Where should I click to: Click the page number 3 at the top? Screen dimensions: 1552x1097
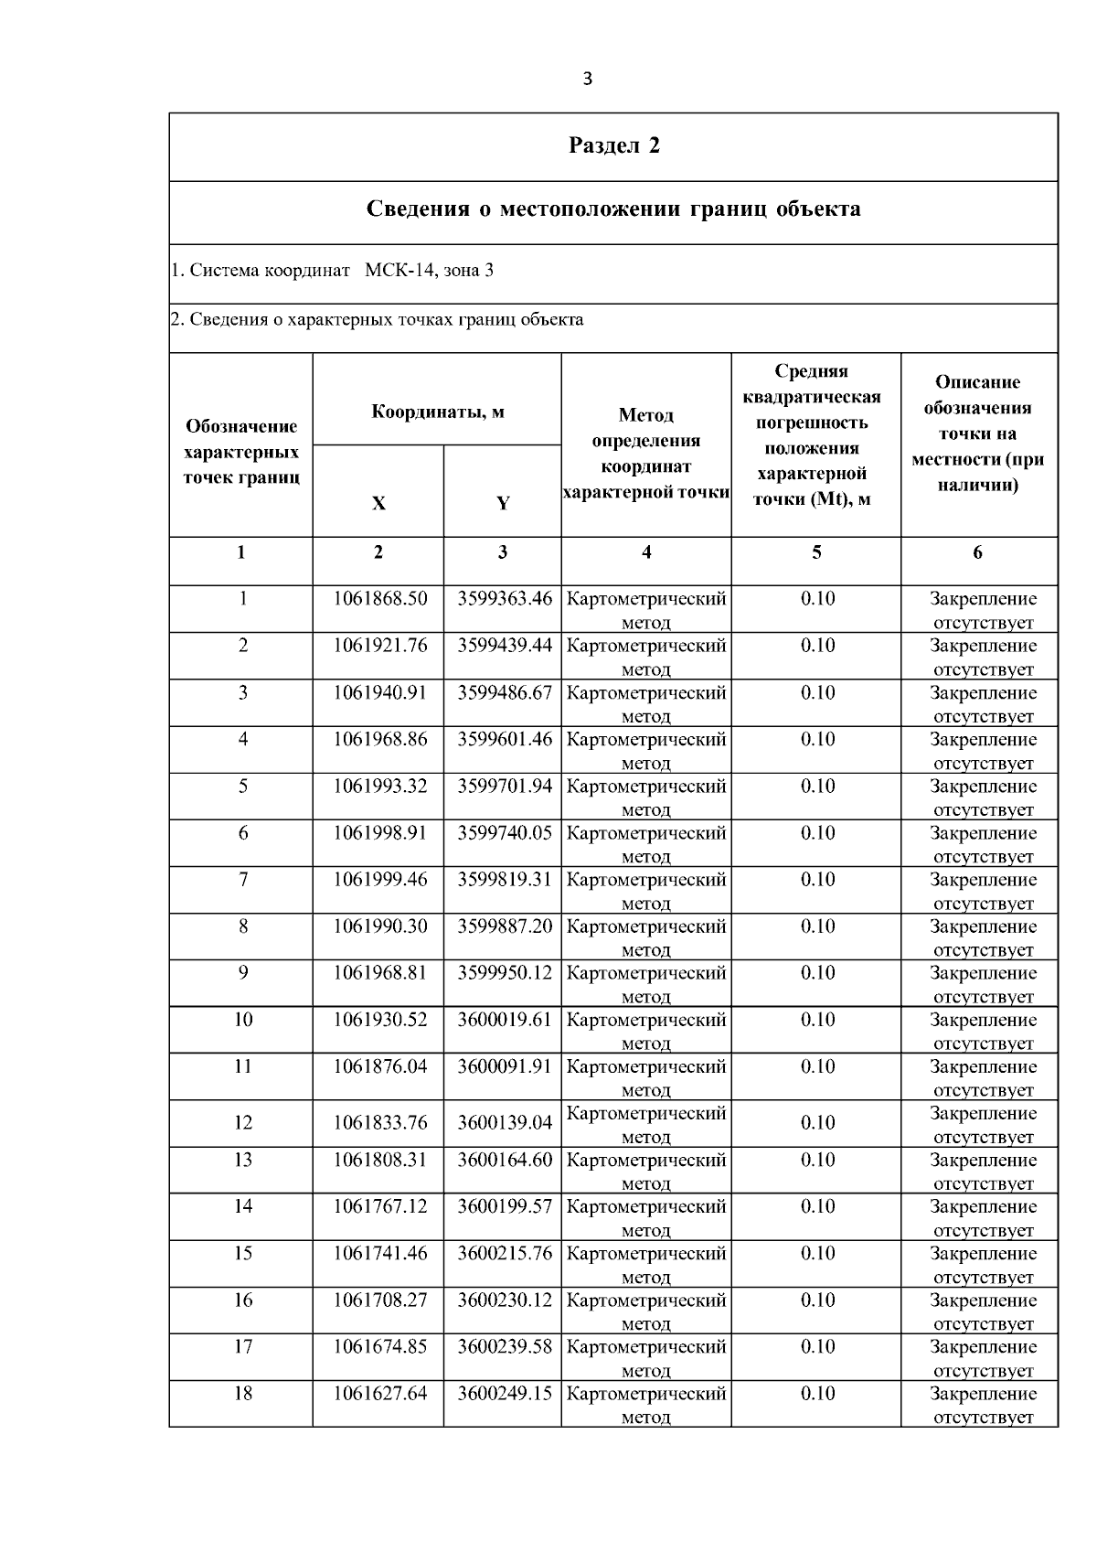(587, 80)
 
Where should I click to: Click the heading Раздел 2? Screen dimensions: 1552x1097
(613, 146)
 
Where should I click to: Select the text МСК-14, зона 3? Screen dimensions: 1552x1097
(429, 271)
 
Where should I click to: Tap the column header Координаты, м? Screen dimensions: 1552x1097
(437, 412)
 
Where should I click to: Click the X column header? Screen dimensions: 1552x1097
(378, 504)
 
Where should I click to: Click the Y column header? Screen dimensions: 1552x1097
(502, 504)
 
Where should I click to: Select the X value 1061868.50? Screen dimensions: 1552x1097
(379, 599)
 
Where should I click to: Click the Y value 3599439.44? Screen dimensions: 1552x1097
(505, 646)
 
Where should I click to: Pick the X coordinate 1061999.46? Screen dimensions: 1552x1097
(379, 880)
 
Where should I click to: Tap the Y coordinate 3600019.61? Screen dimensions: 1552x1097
(505, 1020)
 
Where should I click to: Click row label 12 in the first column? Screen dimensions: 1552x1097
(242, 1123)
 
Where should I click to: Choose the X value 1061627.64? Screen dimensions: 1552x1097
(379, 1394)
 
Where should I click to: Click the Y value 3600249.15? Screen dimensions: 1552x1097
(505, 1394)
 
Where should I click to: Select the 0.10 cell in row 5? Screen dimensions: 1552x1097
(817, 787)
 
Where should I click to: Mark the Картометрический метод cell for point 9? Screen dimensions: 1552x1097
(646, 983)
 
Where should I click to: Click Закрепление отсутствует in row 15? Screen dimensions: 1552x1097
(983, 1264)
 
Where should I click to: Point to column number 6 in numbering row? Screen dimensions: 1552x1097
(977, 552)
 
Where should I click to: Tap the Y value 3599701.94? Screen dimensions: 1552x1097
(505, 787)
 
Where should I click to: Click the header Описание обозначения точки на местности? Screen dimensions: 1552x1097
(977, 433)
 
